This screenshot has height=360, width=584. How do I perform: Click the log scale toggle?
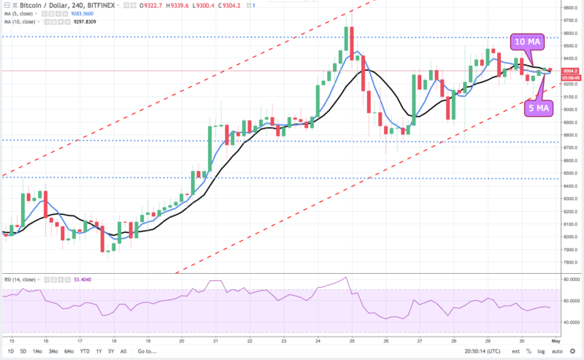point(540,351)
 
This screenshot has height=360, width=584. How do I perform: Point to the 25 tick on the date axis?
point(351,340)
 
